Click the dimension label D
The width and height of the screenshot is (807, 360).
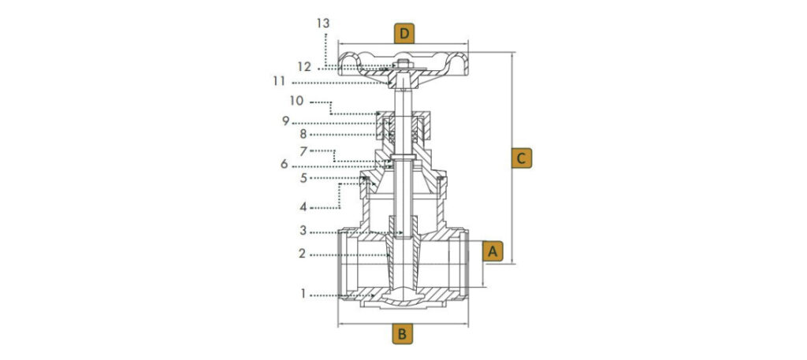click(x=404, y=33)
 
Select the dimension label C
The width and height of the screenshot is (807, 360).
click(x=520, y=158)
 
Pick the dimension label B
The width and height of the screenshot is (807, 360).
click(x=403, y=334)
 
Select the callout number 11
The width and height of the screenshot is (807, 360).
click(x=299, y=82)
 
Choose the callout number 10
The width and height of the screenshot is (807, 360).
click(x=296, y=102)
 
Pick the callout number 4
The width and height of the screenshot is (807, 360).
click(x=303, y=207)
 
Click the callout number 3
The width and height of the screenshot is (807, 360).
click(x=303, y=232)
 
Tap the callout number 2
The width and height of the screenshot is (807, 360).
click(x=302, y=254)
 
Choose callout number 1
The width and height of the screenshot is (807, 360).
click(x=302, y=294)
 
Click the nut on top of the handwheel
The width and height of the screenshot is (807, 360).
click(x=403, y=63)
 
